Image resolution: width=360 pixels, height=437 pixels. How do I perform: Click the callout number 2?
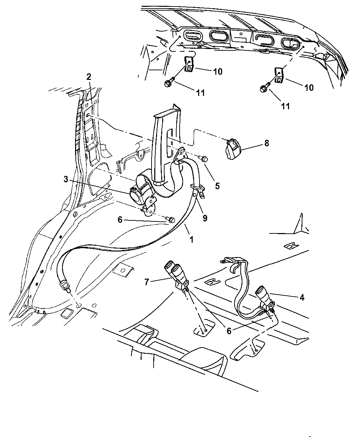point(89,77)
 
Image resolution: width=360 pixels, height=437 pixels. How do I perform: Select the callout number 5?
point(217,186)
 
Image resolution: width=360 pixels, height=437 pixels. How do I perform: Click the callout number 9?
point(205,218)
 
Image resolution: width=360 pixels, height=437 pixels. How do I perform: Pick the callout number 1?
point(192,239)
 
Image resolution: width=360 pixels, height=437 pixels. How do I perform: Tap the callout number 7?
point(146,282)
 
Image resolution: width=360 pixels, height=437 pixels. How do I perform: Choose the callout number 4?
point(302,297)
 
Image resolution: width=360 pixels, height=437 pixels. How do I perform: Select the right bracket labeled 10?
point(279,76)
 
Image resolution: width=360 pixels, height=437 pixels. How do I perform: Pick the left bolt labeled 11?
point(169,83)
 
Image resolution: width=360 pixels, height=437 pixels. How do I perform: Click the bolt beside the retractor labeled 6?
point(170,219)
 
